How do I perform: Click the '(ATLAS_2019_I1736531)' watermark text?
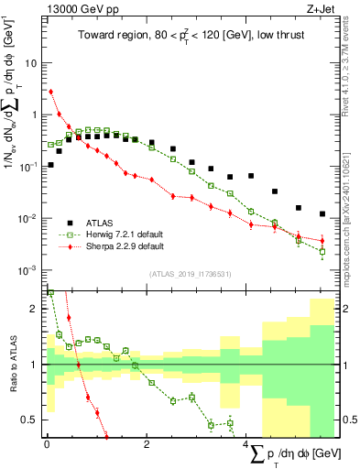tap(190, 274)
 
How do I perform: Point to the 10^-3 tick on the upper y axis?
tap(30, 270)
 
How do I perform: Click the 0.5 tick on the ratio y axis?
tap(32, 420)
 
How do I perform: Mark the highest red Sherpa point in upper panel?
tap(50, 92)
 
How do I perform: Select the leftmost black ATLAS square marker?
tap(50, 165)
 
